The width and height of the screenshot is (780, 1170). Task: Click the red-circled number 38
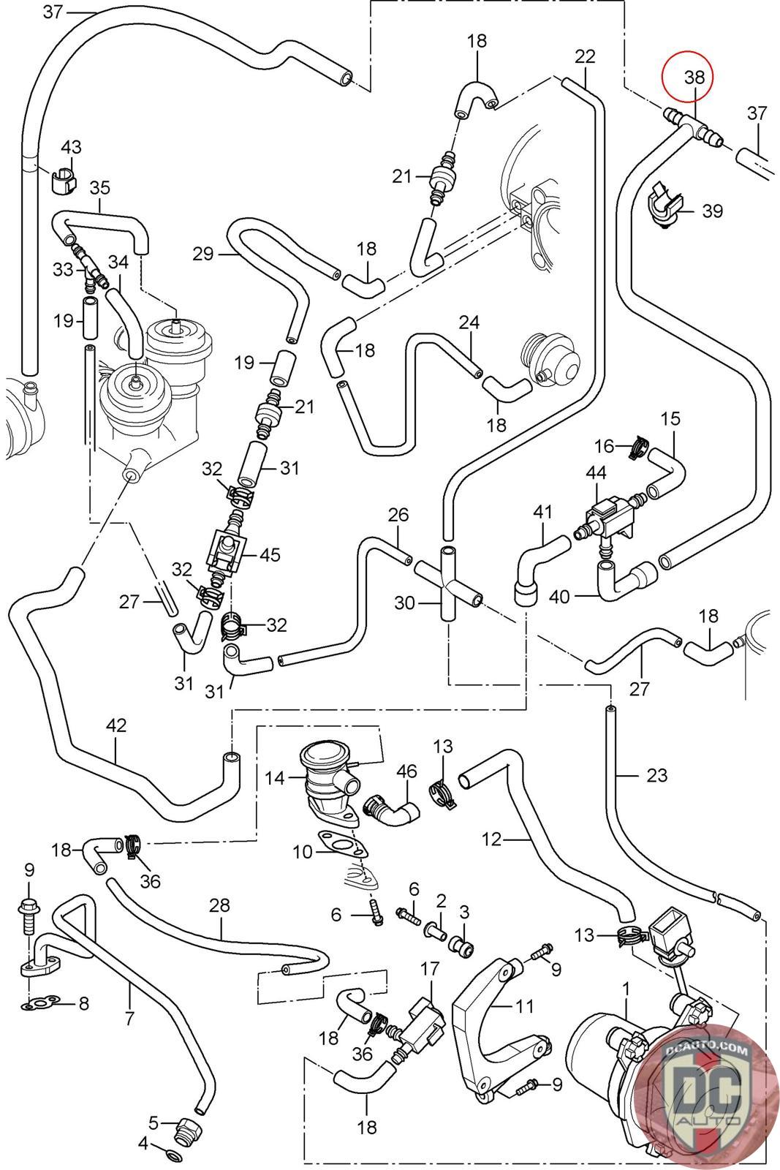694,75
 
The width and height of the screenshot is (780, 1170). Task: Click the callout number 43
71,147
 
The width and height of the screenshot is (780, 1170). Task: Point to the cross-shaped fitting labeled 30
447,581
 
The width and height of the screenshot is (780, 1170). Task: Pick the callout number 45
270,554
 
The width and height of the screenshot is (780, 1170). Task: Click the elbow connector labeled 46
393,807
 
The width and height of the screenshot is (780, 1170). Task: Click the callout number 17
430,968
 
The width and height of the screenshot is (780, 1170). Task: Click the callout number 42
116,725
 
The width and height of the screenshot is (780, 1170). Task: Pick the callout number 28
219,905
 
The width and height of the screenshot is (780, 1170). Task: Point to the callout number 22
586,56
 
